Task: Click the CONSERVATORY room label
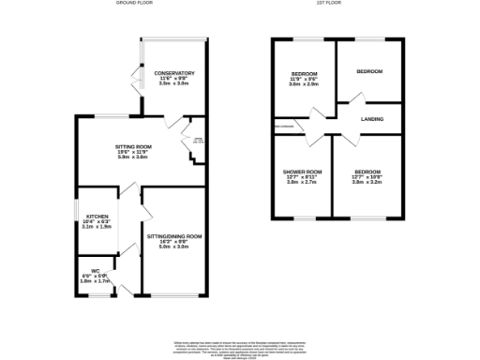(x=176, y=72)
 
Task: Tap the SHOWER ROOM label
(x=303, y=172)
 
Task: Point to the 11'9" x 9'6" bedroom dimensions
(x=304, y=79)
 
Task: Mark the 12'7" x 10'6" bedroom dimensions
(x=368, y=177)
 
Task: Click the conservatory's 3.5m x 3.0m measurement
(x=176, y=83)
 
